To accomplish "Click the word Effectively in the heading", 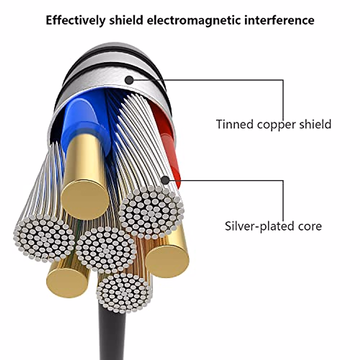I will pos(75,20).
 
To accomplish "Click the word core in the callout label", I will pos(309,226).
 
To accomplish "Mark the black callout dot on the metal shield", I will pos(129,80).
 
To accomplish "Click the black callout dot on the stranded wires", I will pos(165,180).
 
